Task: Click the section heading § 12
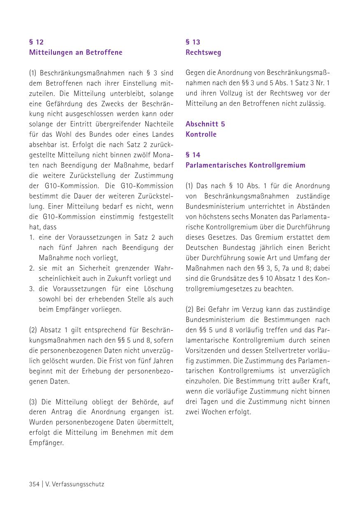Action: [36, 42]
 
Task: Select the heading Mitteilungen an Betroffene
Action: [76, 52]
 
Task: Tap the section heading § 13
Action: [193, 42]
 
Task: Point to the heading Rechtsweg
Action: [203, 52]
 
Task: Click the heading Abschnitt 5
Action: [205, 124]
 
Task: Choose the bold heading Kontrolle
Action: [201, 134]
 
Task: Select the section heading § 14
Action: [193, 155]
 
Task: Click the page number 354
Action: [35, 484]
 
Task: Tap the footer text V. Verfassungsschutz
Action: [74, 484]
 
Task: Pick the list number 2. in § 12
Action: [32, 268]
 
